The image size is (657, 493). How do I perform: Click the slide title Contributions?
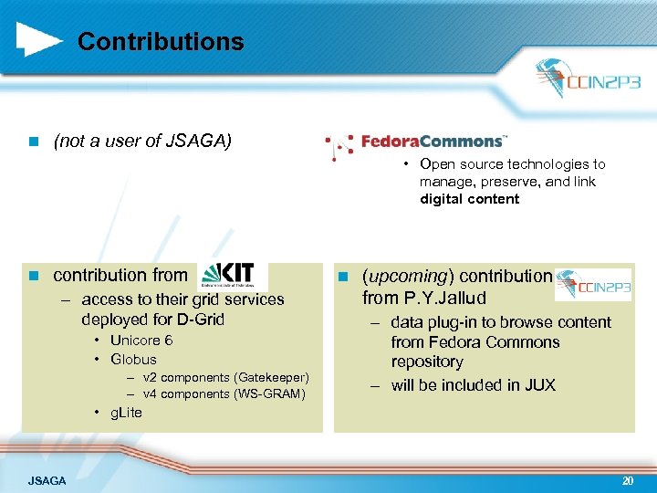pos(161,42)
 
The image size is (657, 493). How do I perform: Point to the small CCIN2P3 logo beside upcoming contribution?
pos(593,284)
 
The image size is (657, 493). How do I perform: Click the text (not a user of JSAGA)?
pos(142,141)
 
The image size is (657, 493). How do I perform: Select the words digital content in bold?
pos(469,199)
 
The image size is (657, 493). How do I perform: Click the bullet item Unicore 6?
pos(141,340)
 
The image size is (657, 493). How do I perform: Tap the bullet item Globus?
pos(133,360)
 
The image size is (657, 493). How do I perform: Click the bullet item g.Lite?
pos(126,413)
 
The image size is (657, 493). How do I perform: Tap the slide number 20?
pos(627,479)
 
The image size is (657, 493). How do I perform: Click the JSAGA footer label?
pos(47,480)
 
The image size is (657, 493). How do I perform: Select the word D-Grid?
pos(198,320)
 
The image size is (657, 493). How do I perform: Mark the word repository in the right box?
pos(427,362)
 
